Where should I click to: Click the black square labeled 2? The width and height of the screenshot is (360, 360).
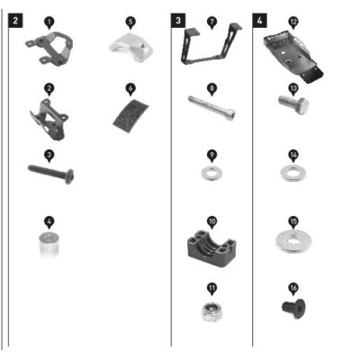click(x=15, y=21)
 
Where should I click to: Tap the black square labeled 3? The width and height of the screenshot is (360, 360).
click(x=178, y=21)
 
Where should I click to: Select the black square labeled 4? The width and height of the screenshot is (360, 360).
click(x=259, y=21)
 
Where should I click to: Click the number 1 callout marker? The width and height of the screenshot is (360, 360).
click(x=49, y=22)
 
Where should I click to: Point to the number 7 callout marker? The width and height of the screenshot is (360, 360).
click(x=212, y=22)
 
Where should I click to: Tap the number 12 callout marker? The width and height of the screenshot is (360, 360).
click(x=293, y=22)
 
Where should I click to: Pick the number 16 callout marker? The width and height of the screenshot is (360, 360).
click(x=293, y=289)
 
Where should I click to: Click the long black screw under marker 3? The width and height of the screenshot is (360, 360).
click(x=51, y=174)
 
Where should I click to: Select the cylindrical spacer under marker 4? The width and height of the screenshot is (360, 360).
click(x=49, y=245)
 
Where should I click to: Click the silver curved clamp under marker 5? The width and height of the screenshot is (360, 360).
click(x=130, y=47)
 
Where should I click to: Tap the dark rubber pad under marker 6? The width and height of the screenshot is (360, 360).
click(x=130, y=115)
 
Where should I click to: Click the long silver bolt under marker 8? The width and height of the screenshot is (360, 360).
click(x=212, y=108)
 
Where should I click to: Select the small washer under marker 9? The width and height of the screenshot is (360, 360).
click(x=211, y=173)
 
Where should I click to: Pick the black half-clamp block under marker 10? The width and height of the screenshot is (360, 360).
click(x=211, y=247)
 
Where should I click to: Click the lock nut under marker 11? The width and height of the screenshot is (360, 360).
click(x=212, y=311)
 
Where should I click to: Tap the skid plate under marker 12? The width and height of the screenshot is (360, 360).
click(x=292, y=56)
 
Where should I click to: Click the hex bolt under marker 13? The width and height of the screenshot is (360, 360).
click(x=294, y=104)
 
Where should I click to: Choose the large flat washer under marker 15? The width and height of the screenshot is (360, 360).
click(x=293, y=240)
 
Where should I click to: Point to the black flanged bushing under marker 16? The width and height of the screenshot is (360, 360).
click(x=293, y=309)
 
